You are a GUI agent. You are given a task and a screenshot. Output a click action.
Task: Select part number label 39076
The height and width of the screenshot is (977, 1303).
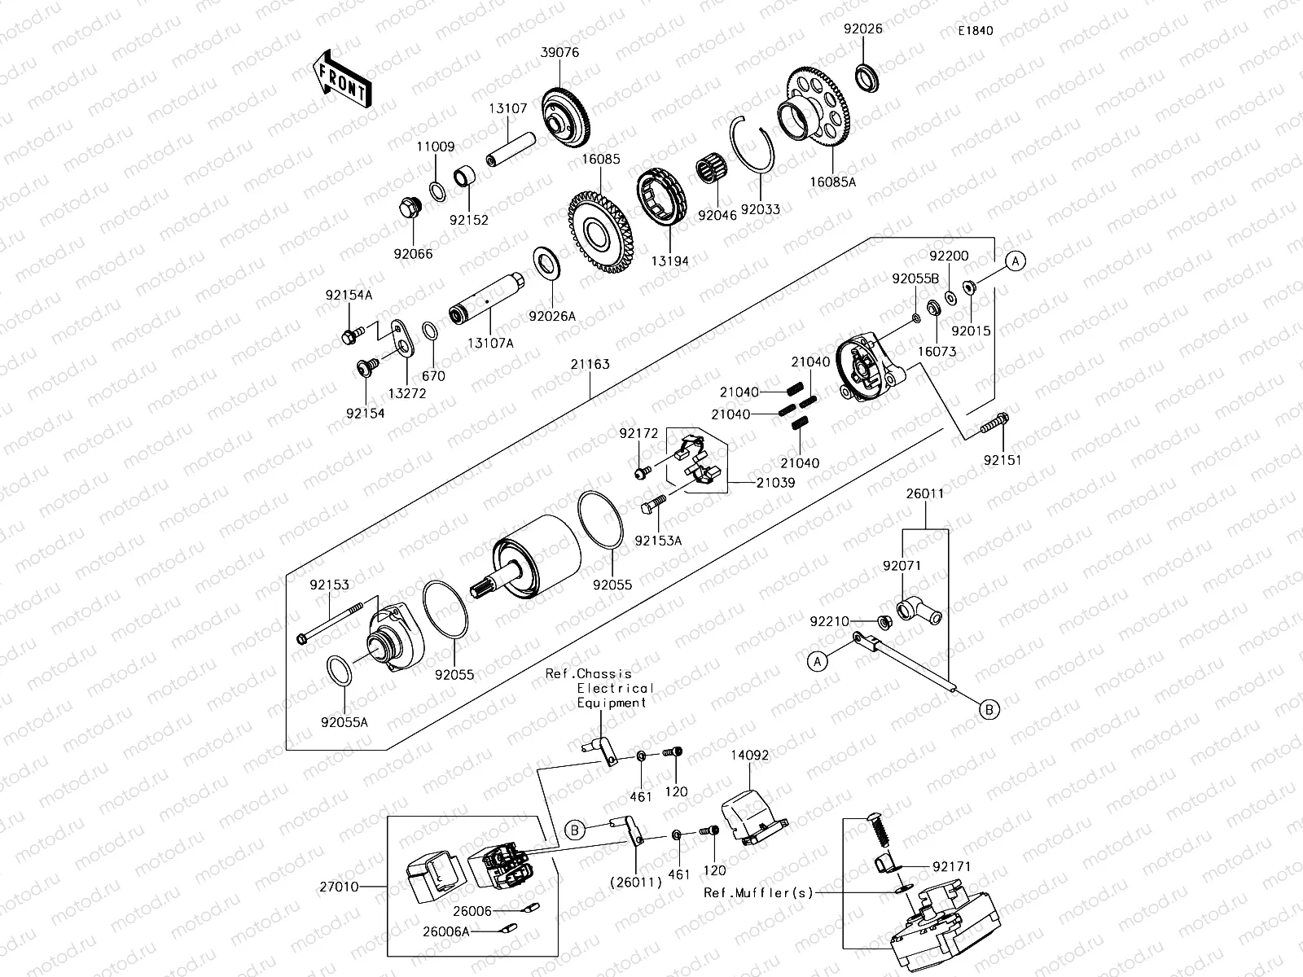point(560,52)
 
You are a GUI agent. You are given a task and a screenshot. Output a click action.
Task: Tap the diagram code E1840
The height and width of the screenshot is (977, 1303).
point(975,31)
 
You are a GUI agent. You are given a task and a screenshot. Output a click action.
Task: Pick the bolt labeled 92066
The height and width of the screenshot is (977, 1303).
point(410,209)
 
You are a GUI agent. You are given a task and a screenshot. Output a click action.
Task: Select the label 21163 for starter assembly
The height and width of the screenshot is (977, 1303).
point(590,365)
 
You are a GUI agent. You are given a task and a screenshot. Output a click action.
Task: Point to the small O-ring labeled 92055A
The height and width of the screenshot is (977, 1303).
point(340,671)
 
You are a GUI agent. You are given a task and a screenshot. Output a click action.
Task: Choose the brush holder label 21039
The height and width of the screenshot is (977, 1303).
point(775,482)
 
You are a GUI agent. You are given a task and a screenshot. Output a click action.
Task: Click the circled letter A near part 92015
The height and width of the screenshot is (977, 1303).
point(1015,261)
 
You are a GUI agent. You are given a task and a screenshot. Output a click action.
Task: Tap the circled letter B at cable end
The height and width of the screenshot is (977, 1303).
point(989,710)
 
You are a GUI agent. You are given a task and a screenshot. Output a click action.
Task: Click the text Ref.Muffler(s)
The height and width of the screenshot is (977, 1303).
point(758,892)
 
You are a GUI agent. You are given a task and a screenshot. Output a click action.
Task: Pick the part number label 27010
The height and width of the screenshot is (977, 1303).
point(340,886)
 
